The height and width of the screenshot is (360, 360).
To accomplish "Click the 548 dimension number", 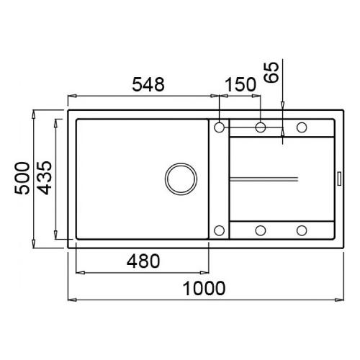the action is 148,84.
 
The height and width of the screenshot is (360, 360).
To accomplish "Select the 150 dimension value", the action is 240,84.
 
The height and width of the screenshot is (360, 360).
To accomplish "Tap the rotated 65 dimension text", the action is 271,72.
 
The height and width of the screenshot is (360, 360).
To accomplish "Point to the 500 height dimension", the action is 22,178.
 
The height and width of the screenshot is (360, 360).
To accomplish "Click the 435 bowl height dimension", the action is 44,178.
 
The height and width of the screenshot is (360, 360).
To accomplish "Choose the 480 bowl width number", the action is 143,261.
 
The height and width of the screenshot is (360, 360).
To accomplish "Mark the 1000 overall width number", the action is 204,288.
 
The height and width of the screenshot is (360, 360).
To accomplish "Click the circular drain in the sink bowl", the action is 181,179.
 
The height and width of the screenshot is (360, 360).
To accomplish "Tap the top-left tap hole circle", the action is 219,127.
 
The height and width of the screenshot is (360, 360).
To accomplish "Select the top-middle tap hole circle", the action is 261,127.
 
